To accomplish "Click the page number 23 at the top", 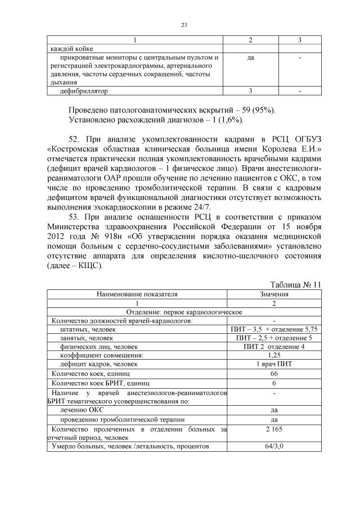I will click(184, 24).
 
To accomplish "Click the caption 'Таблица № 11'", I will click(295, 284).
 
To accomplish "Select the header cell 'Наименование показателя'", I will click(137, 293).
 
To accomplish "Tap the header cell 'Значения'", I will click(274, 293).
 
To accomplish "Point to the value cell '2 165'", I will click(274, 429).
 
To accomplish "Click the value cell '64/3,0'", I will click(274, 446).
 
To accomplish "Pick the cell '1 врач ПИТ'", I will click(274, 364).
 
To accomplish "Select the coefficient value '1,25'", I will click(274, 355).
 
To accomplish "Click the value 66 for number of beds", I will click(274, 373).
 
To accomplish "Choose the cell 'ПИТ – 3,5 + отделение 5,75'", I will click(274, 329).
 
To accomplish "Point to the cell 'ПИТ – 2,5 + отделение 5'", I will click(274, 338).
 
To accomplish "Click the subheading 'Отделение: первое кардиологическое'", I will click(184, 311).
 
